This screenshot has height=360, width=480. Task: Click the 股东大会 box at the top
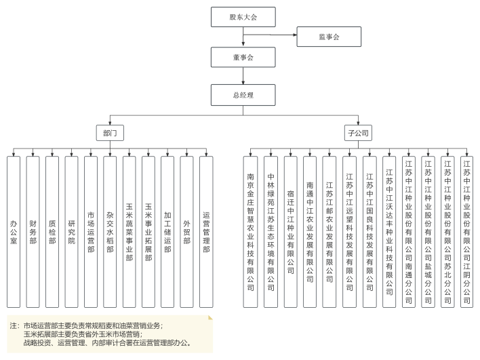click(243, 16)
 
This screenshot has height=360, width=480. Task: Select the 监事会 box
click(329, 36)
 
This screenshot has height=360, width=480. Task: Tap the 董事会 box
click(243, 57)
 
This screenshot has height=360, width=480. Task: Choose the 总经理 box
click(243, 94)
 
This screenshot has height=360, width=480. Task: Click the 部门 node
click(110, 133)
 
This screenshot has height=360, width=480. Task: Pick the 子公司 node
click(357, 133)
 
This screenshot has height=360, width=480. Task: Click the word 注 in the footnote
click(13, 325)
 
